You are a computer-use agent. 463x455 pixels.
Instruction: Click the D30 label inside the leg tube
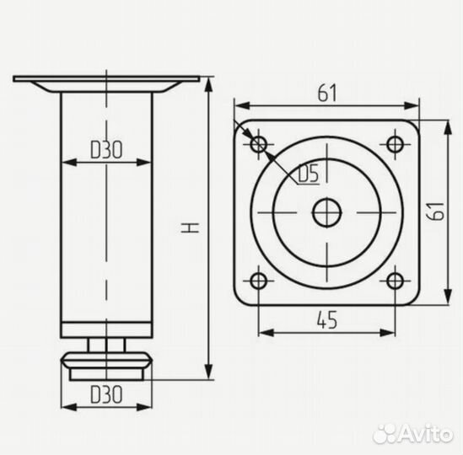pos(106,150)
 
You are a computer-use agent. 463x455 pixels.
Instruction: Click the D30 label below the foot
pos(106,394)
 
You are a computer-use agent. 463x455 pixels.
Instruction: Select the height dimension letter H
pos(190,227)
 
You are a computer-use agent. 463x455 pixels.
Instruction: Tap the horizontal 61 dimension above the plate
pos(327,93)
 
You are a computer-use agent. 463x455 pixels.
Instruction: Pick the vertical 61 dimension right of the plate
pos(436,211)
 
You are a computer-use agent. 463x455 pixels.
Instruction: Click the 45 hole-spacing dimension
pos(327,320)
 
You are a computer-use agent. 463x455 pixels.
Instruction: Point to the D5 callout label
pos(309,174)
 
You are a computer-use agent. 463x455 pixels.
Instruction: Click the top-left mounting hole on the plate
pos(259,144)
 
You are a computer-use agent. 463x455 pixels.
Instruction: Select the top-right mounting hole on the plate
pos(395,144)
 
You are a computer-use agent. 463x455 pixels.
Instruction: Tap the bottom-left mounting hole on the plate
pos(259,281)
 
